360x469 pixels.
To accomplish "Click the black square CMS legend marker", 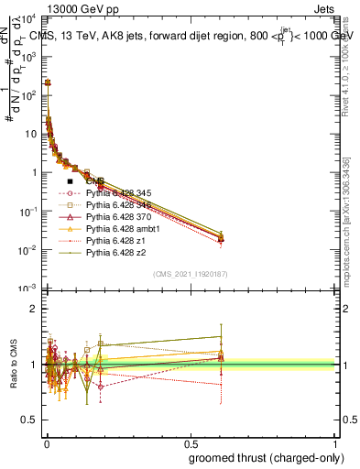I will [71, 181].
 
